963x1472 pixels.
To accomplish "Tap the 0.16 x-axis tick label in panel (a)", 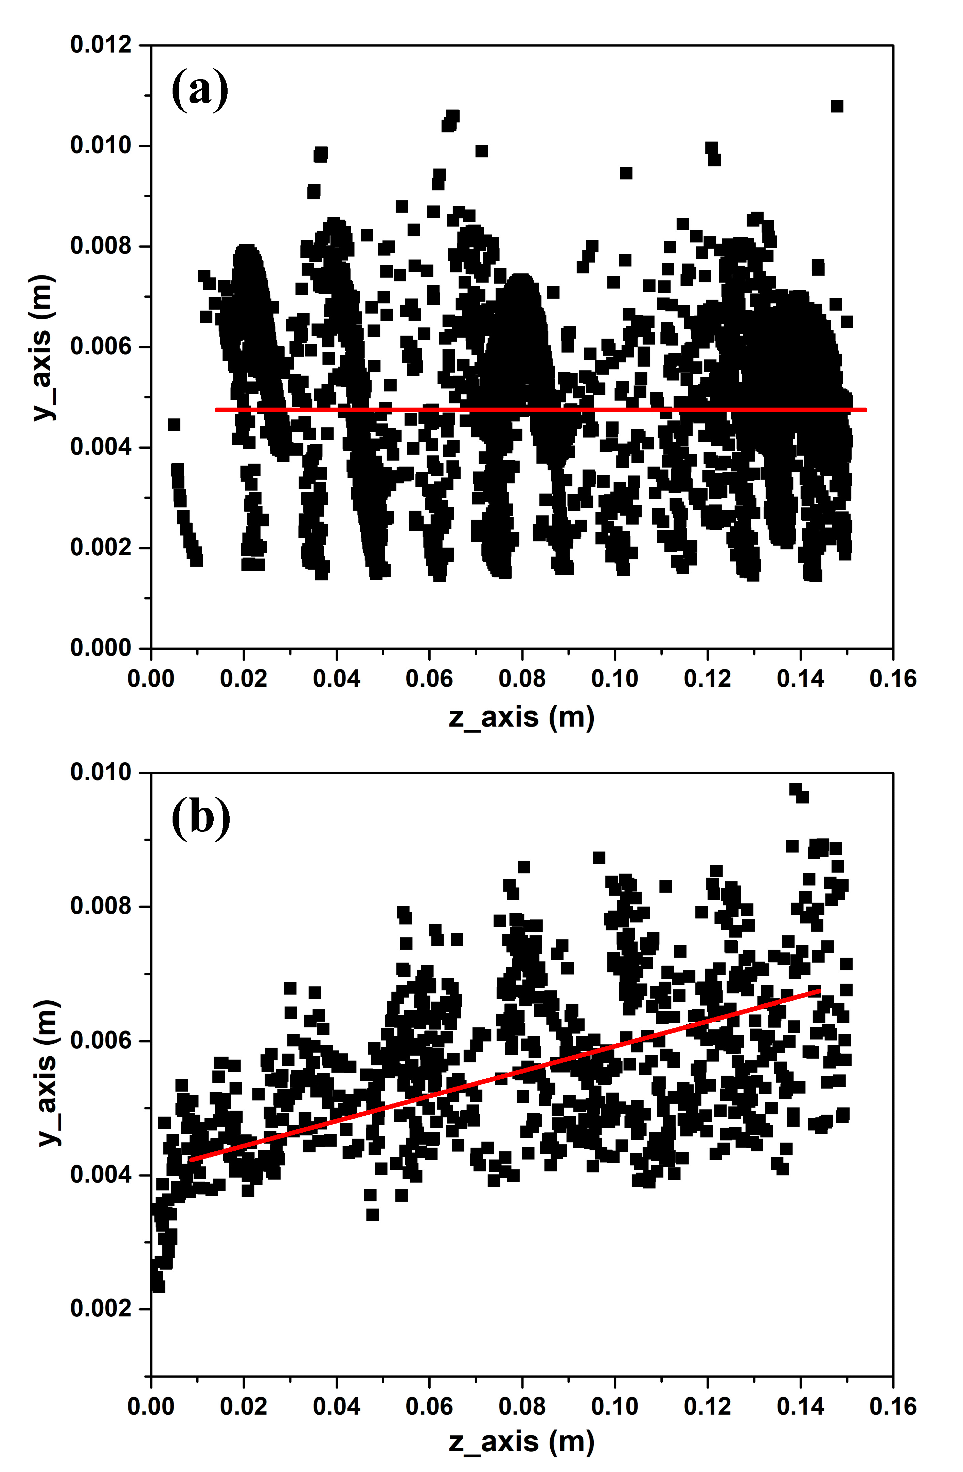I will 892,679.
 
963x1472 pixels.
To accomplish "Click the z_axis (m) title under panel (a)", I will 521,717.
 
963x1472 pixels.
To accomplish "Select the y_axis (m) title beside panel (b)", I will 44,1073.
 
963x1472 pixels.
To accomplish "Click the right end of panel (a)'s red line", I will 865,410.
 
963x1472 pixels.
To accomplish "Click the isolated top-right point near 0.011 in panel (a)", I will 837,106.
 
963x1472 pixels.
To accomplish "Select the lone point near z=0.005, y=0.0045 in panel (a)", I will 174,424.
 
